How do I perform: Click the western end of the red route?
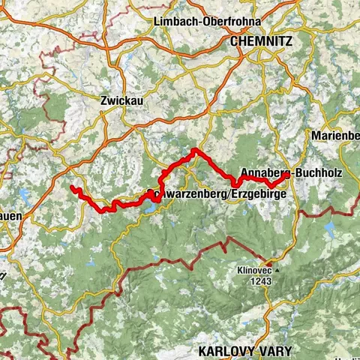pyautogui.click(x=71, y=187)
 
